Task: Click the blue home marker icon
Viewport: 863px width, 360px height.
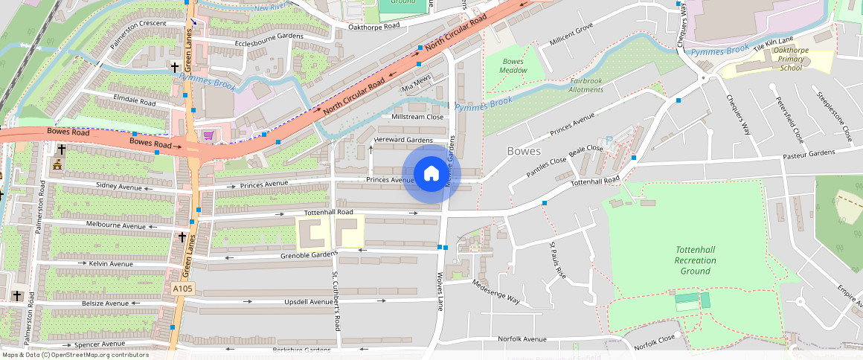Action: pos(431,174)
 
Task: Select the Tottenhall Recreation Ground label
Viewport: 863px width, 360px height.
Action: pos(695,260)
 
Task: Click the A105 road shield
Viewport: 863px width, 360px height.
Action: pos(182,289)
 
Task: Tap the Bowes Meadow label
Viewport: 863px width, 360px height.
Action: pos(514,65)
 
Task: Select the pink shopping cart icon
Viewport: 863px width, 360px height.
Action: pos(208,135)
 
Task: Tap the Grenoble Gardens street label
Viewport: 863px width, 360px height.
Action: pos(309,255)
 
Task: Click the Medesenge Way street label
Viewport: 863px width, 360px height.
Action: pos(495,291)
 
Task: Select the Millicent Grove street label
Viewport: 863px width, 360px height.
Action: pos(571,35)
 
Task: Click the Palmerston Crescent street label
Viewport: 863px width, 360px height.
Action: pos(138,34)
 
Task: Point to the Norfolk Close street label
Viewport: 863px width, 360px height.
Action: pos(655,342)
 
